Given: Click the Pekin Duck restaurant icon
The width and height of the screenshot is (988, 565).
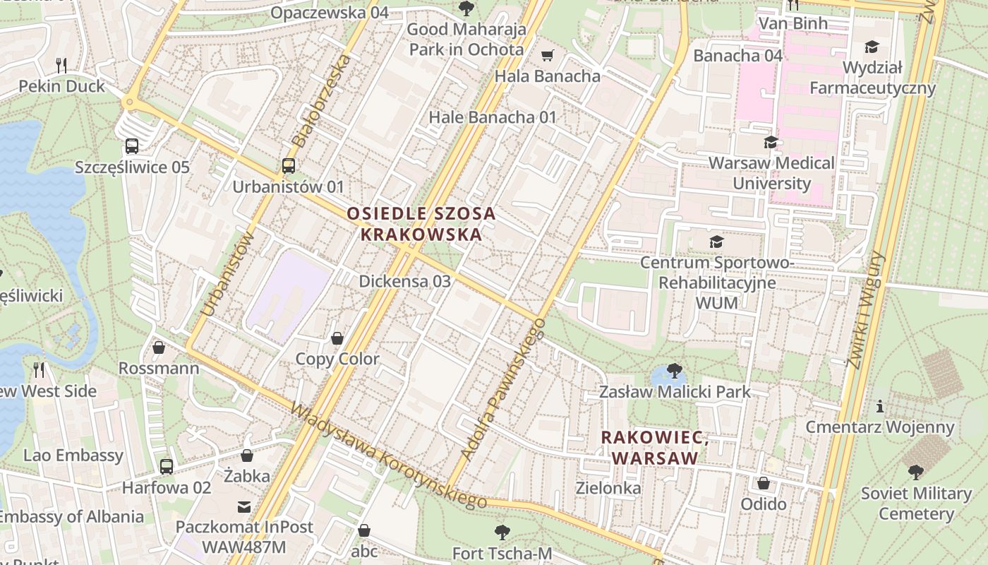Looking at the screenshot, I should click(61, 66).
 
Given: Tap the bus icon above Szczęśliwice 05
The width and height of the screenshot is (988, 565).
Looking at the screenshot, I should click(132, 146).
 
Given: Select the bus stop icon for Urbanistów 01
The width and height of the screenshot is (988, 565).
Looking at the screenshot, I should click(288, 166).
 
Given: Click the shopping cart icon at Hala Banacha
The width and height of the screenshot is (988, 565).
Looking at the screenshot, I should click(547, 55).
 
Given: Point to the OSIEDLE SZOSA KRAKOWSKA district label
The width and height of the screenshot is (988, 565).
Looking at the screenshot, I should click(421, 224).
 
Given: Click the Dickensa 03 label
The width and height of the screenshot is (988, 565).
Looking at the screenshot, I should click(404, 281).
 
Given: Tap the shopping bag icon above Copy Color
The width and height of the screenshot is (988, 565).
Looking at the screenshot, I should click(337, 338).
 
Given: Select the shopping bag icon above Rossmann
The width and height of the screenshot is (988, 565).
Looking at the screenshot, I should click(159, 347).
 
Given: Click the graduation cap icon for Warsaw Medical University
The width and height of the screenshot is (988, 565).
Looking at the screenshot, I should click(771, 142).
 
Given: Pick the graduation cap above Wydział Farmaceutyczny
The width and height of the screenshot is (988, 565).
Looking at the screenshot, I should click(872, 47).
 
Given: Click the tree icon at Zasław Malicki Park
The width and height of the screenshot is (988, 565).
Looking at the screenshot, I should click(674, 371).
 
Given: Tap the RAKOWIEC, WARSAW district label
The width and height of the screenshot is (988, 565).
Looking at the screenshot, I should click(654, 448).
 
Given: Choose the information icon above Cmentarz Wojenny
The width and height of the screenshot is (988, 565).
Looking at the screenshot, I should click(879, 407).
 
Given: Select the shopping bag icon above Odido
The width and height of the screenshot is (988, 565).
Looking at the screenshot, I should click(763, 483).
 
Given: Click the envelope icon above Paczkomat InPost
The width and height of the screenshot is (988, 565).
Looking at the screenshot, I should click(244, 506).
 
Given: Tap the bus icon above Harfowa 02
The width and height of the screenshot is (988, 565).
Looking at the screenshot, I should click(167, 467).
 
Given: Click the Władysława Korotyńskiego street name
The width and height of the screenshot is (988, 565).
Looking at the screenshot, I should click(388, 456).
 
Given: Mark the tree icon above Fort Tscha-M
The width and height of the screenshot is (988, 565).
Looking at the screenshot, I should click(502, 532).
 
